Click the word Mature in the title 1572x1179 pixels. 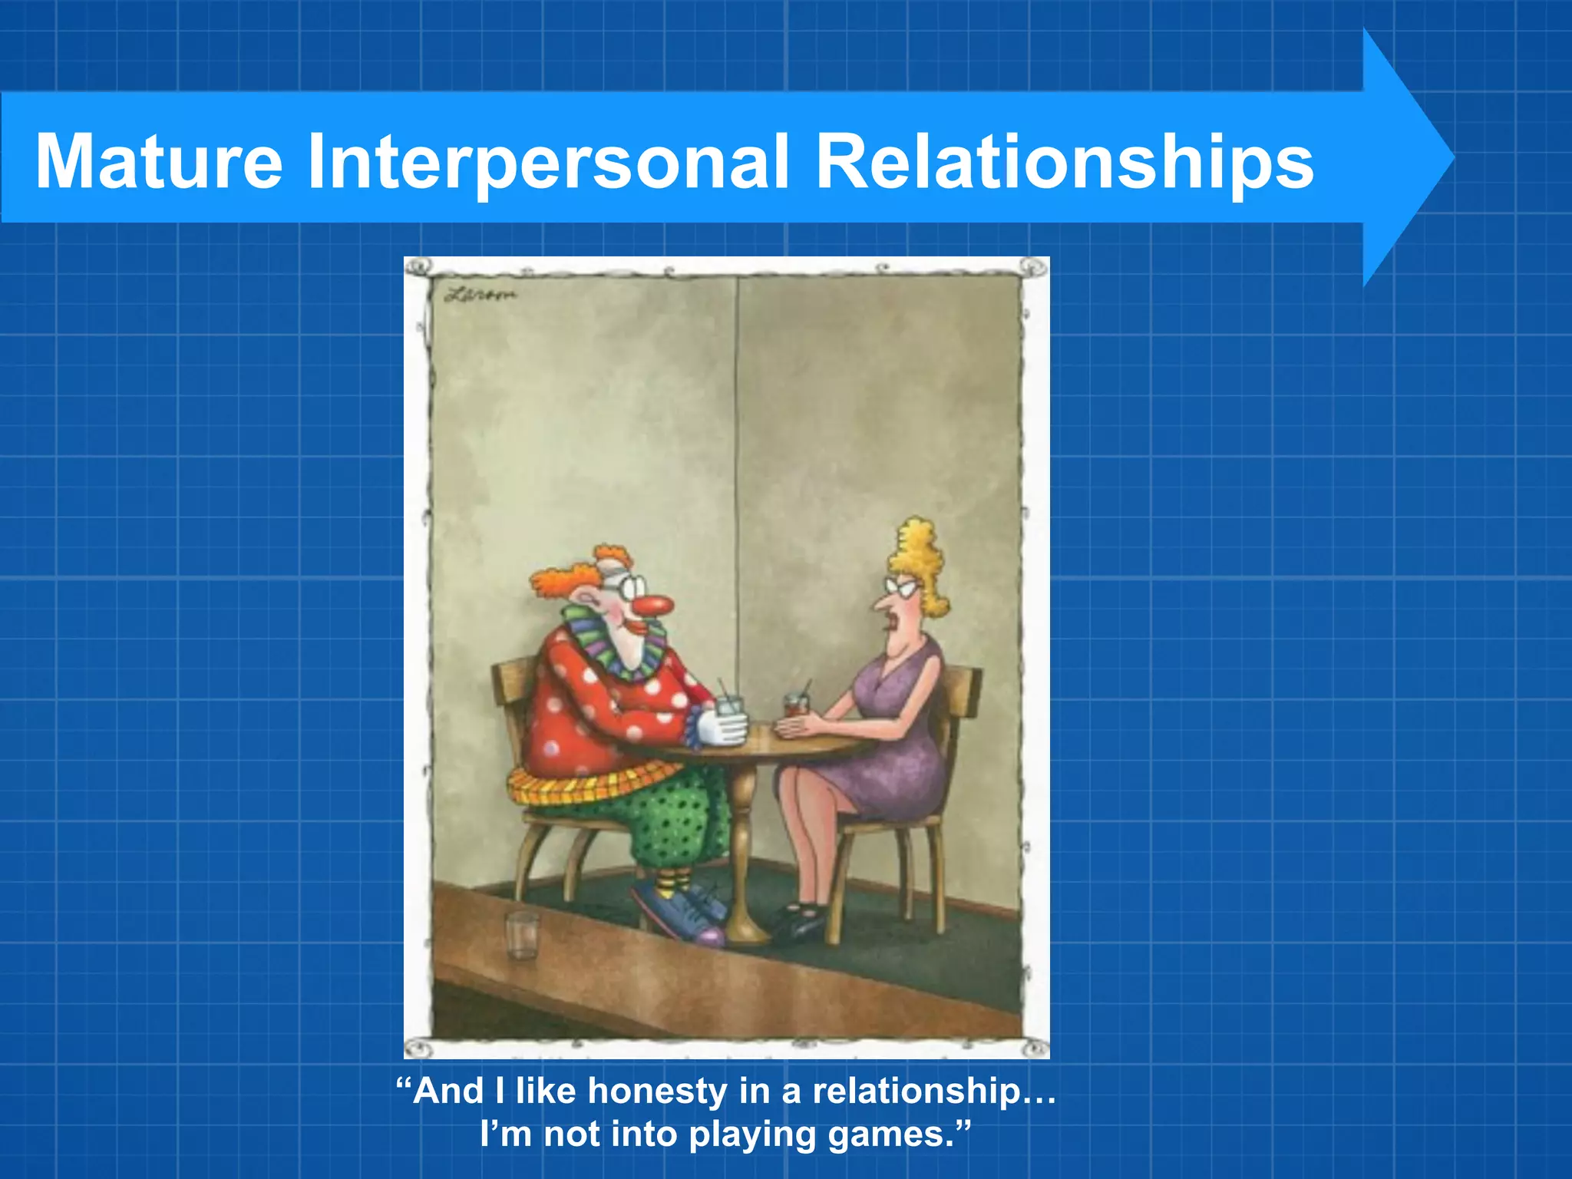coord(159,161)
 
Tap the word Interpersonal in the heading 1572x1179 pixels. coord(548,161)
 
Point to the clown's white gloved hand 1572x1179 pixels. coord(722,728)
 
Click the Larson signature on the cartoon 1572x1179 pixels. coord(480,294)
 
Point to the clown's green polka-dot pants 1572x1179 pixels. coord(675,821)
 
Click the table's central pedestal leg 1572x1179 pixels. coord(741,844)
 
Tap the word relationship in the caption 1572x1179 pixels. coord(917,1091)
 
